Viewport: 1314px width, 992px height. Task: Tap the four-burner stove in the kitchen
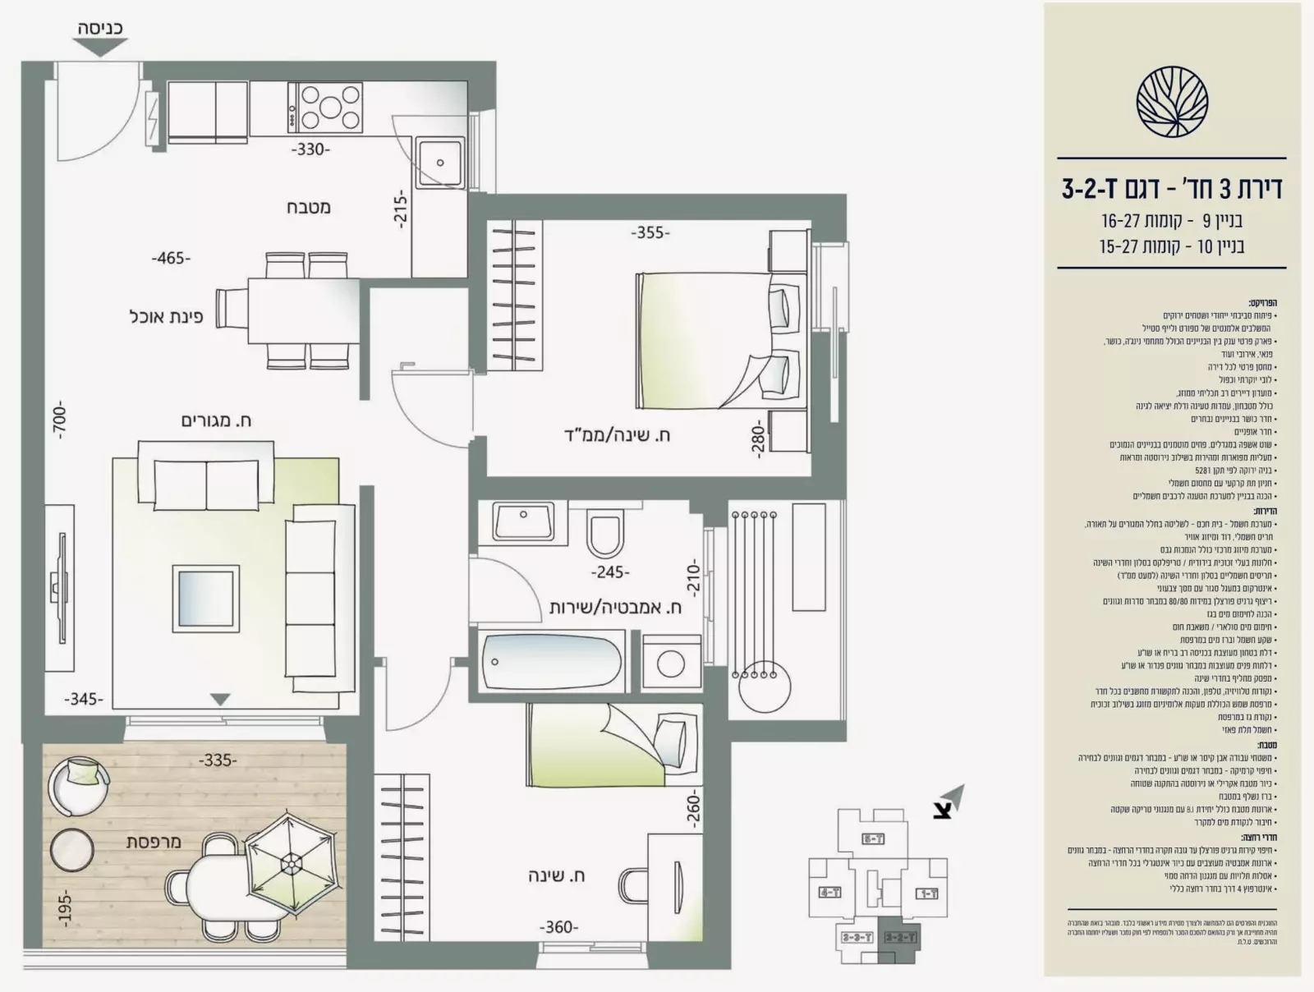click(325, 108)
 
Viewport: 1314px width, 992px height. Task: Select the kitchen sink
click(440, 163)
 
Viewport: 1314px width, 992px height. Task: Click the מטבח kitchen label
click(309, 207)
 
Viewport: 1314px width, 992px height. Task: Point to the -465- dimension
click(171, 258)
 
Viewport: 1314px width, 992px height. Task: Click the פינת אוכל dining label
click(166, 316)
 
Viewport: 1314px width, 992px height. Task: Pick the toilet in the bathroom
click(606, 534)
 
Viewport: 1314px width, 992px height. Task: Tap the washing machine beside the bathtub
click(672, 661)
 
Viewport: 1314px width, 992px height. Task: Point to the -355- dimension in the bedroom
click(650, 232)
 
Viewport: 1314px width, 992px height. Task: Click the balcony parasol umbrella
click(289, 865)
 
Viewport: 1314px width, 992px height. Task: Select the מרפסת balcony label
click(154, 842)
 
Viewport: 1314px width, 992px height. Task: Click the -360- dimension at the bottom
click(558, 927)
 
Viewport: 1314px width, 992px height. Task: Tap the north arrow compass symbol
click(947, 801)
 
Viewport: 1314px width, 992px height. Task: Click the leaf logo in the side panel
click(1171, 103)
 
